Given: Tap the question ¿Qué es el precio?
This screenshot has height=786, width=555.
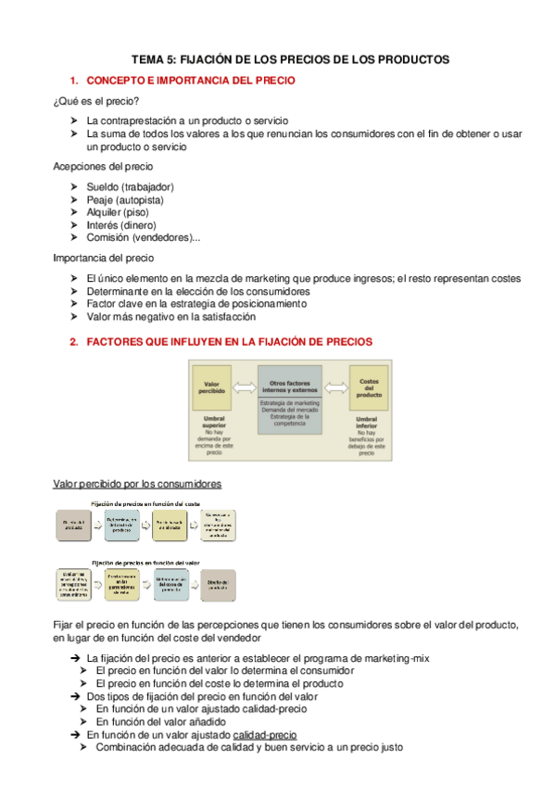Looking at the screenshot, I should point(96,101).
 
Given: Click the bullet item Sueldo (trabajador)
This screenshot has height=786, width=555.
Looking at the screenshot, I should point(130,186).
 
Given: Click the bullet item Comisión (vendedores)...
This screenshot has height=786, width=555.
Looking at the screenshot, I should point(143,237).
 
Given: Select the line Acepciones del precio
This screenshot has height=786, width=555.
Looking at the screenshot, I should point(104,166).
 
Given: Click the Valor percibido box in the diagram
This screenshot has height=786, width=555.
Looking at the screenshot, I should point(210,387).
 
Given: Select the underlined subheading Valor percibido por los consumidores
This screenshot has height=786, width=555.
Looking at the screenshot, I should point(137,484).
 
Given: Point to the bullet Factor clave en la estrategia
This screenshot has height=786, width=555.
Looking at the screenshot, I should point(196,303).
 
